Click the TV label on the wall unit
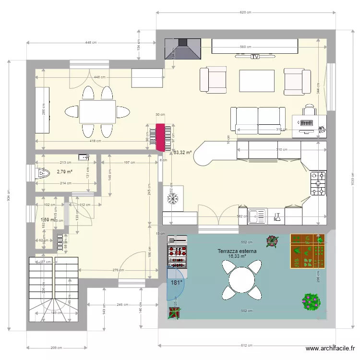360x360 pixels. click(x=255, y=57)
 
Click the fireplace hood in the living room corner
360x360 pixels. click(x=182, y=48)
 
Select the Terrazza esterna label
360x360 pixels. click(x=237, y=251)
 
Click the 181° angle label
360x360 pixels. click(x=177, y=283)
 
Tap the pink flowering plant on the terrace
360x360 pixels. click(x=311, y=302)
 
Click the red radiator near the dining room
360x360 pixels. click(x=159, y=136)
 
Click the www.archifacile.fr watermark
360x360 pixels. click(x=330, y=349)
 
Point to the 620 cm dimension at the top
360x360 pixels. click(x=245, y=12)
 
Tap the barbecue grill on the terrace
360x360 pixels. click(x=177, y=252)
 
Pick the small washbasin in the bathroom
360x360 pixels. click(x=84, y=157)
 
